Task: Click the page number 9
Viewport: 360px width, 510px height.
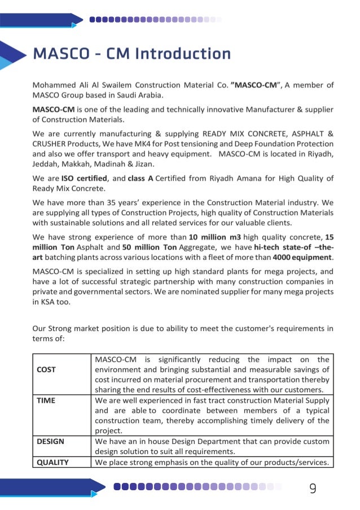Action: point(313,489)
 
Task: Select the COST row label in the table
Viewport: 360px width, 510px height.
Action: point(46,369)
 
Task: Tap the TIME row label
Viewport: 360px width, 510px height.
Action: point(46,400)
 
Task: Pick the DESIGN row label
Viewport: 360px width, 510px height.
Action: point(50,441)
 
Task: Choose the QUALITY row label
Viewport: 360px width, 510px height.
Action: point(52,463)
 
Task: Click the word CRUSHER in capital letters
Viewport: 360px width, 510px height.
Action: point(50,144)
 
